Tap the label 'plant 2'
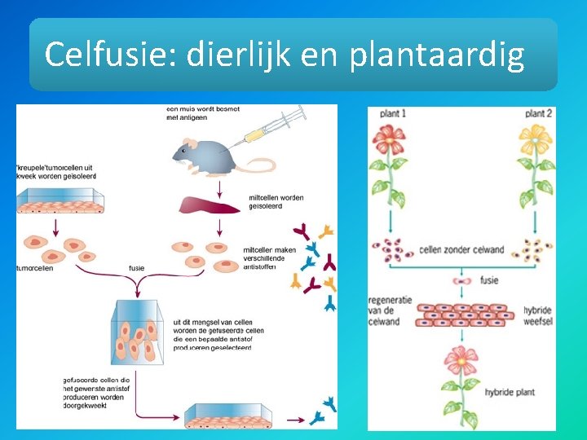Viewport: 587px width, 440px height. [540, 113]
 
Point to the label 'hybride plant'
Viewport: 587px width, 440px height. [510, 392]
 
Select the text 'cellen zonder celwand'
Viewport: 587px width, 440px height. [461, 249]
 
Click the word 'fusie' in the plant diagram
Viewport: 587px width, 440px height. [490, 280]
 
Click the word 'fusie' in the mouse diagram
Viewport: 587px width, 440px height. [138, 266]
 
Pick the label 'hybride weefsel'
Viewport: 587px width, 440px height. [538, 315]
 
